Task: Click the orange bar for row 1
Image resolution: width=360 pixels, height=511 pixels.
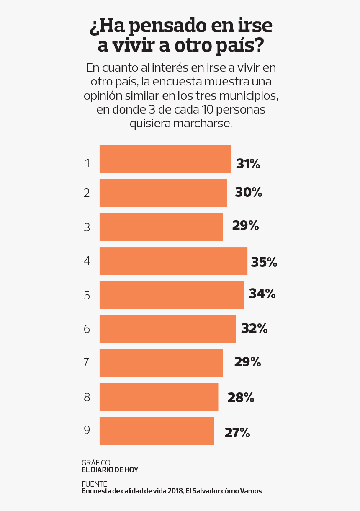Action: coord(165,159)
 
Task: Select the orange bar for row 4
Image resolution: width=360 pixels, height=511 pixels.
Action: coord(173,261)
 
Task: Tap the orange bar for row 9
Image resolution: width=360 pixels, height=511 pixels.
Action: coord(157,431)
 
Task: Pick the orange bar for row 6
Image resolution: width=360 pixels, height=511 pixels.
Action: coord(167,329)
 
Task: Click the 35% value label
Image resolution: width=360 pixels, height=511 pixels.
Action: coord(264,263)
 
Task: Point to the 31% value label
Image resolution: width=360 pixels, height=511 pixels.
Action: coord(248,164)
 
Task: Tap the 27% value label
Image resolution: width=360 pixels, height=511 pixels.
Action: coord(237,433)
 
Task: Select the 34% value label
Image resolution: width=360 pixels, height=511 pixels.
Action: coord(262,294)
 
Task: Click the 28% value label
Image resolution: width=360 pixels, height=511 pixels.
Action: coord(241,397)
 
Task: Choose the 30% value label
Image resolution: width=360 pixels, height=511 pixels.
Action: coord(248,193)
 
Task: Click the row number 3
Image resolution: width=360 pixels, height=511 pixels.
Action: coord(87,227)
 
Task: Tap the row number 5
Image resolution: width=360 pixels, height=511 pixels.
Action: coord(87,295)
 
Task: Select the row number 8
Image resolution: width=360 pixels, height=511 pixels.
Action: coord(87,397)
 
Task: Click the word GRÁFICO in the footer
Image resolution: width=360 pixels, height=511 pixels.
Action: coord(96,462)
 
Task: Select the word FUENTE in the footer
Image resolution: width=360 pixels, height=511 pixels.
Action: coord(94,484)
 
